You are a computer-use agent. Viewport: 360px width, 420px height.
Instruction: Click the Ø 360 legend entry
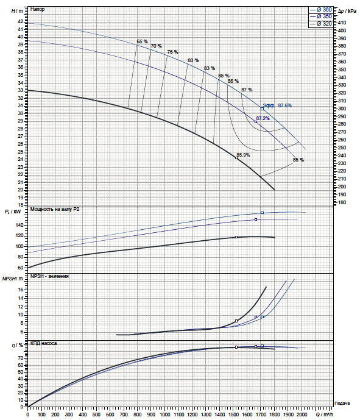coord(321,10)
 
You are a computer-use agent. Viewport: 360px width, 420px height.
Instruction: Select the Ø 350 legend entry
coord(321,16)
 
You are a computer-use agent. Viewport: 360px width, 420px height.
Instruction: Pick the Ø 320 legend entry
coord(321,24)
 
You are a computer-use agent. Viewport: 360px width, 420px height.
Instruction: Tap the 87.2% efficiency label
coord(263,118)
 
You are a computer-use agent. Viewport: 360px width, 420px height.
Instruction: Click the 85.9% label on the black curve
coord(243,155)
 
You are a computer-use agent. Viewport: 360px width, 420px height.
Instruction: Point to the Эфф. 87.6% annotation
coord(277,105)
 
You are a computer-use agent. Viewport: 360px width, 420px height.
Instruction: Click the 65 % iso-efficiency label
coord(142,41)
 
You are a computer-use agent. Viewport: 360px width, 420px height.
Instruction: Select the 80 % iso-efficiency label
coord(193,60)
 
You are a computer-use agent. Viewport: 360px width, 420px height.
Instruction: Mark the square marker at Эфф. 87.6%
coord(263,109)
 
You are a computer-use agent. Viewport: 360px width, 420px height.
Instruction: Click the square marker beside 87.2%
coord(256,122)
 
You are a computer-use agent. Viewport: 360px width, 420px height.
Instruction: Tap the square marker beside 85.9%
coord(236,158)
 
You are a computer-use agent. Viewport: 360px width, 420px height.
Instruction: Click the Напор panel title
coord(38,9)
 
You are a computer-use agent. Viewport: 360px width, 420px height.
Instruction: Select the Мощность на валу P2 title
coord(55,209)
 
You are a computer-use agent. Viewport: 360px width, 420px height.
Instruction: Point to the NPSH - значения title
coord(49,276)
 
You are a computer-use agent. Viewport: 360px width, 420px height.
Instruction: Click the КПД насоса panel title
coord(44,343)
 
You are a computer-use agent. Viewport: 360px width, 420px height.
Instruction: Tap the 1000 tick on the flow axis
coord(165,415)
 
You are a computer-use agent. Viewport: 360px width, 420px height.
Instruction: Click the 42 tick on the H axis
coord(21,21)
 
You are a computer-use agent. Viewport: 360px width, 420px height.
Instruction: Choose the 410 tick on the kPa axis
coord(342,23)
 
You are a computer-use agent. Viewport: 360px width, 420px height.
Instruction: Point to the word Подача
coord(342,404)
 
